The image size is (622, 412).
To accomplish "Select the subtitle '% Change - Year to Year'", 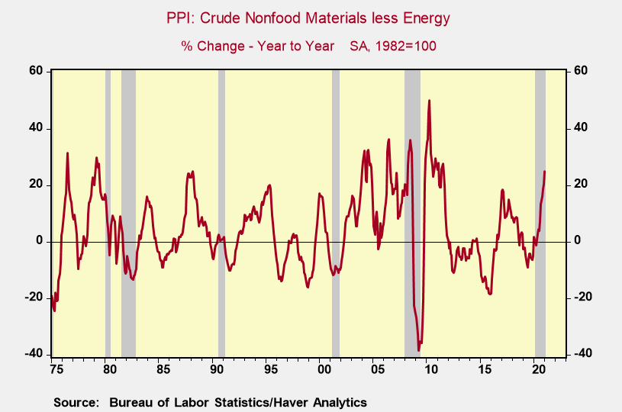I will coord(257,46).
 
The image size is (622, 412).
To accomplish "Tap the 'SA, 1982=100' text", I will coord(392,46).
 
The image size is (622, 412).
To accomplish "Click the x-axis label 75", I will coord(55,370).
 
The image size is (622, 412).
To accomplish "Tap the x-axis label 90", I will coord(216,370).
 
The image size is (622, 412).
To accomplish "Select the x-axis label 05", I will coord(377,370).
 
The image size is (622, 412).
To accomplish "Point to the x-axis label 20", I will coord(538,370).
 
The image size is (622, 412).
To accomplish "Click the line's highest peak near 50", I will coord(430,101).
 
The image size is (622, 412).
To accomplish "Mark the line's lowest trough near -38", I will coord(419,349).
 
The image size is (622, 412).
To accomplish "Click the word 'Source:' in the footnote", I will coord(76,402).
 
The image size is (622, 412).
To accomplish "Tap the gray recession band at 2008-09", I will coord(413,214).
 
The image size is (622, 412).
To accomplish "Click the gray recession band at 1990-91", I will coord(222,214).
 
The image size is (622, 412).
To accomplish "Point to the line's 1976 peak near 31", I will coord(67,153).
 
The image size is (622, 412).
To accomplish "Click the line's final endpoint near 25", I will coord(544,171).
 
